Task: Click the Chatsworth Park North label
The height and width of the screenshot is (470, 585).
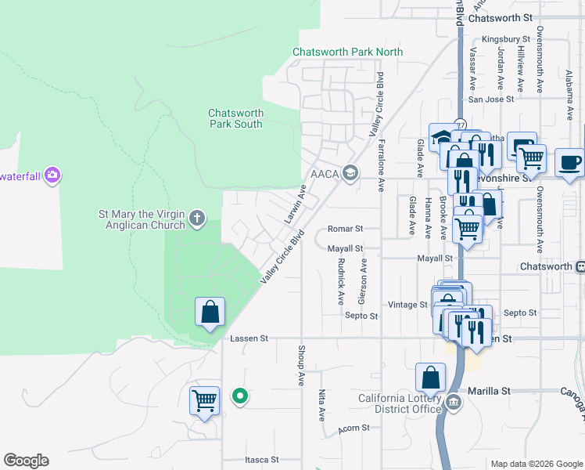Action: pyautogui.click(x=347, y=52)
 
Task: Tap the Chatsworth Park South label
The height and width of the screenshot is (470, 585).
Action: pyautogui.click(x=235, y=118)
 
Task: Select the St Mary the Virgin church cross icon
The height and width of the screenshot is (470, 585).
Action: pyautogui.click(x=197, y=218)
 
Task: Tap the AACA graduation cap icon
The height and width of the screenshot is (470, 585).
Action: pyautogui.click(x=350, y=172)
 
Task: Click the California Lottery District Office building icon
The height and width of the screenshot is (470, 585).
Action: pyautogui.click(x=454, y=403)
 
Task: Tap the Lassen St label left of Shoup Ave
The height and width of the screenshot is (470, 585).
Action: pyautogui.click(x=249, y=338)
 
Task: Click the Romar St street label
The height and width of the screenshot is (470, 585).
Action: pyautogui.click(x=346, y=229)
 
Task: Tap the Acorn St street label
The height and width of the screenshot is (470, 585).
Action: pyautogui.click(x=353, y=429)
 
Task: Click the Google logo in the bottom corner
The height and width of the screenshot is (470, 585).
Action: pyautogui.click(x=26, y=461)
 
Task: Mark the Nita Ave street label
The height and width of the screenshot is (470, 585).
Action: pyautogui.click(x=321, y=406)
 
